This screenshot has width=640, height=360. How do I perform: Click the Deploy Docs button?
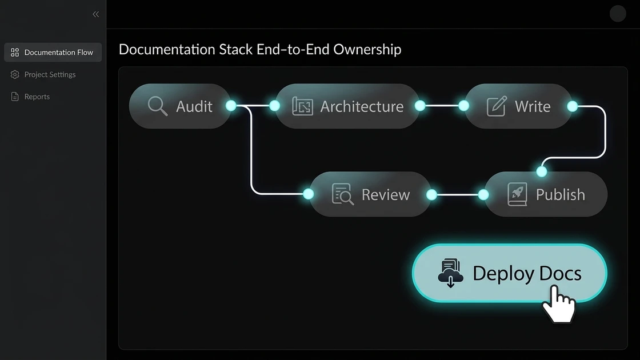(x=509, y=273)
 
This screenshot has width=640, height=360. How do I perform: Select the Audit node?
(x=180, y=106)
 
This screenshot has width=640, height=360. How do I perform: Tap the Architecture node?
(x=347, y=106)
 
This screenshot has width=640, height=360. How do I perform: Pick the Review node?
(x=370, y=194)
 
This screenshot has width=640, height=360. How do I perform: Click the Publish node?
(x=546, y=194)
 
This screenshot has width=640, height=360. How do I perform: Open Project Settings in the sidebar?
(x=50, y=74)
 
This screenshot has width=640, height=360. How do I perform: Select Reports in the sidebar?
(x=37, y=97)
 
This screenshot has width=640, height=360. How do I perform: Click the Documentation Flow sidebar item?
(x=53, y=53)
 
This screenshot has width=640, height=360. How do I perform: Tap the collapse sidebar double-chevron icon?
(x=95, y=14)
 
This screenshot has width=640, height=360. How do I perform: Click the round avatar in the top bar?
(x=618, y=14)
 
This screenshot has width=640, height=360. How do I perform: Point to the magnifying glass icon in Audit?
(x=157, y=106)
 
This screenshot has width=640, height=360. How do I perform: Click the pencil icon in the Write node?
(x=496, y=106)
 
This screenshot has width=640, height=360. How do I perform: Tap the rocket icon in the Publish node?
(x=517, y=194)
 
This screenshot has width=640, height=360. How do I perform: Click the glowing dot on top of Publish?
(x=541, y=171)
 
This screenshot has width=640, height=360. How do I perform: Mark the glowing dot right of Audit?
(x=231, y=106)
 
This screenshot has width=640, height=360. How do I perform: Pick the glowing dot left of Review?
(x=309, y=194)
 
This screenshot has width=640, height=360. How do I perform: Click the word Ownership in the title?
(x=367, y=50)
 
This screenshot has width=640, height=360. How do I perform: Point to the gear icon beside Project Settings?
(x=15, y=74)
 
